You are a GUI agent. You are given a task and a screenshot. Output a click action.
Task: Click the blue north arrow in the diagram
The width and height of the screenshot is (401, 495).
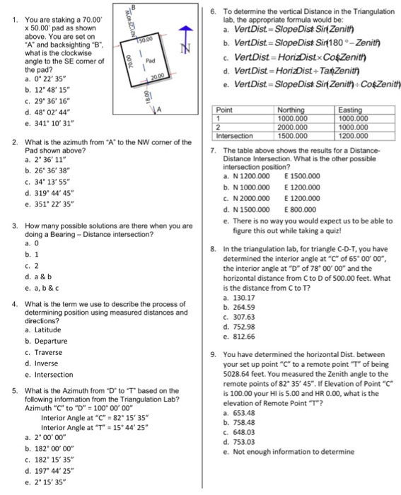click(186, 33)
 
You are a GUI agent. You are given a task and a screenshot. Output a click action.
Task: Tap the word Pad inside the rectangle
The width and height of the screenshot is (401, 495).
click(149, 61)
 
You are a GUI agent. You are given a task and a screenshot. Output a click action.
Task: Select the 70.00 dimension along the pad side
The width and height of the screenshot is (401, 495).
click(129, 61)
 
